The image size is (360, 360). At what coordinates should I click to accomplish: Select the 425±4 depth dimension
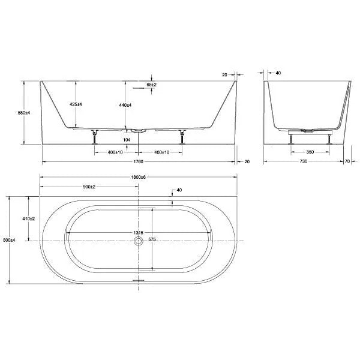pyautogui.click(x=75, y=104)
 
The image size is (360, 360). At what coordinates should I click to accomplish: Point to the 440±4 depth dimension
pyautogui.click(x=125, y=104)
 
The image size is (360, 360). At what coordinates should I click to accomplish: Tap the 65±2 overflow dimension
pyautogui.click(x=152, y=85)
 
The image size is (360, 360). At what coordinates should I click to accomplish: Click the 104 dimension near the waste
pyautogui.click(x=126, y=140)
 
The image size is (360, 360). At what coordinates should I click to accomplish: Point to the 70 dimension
pyautogui.click(x=348, y=162)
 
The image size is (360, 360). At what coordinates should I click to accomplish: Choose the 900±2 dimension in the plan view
pyautogui.click(x=89, y=187)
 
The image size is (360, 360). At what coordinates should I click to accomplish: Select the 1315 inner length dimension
pyautogui.click(x=137, y=233)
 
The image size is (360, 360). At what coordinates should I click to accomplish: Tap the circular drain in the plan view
pyautogui.click(x=139, y=241)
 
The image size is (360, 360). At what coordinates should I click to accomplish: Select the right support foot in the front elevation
pyautogui.click(x=181, y=137)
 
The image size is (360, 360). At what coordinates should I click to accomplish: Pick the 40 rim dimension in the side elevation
pyautogui.click(x=278, y=73)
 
